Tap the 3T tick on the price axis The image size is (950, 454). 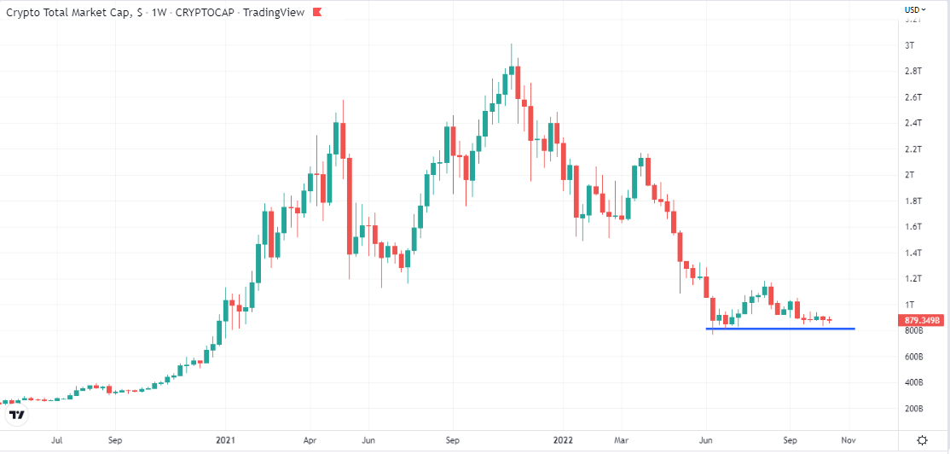click(x=910, y=44)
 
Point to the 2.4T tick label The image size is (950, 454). click(x=912, y=123)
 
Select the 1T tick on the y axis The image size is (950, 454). click(x=910, y=305)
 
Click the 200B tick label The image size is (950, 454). click(x=914, y=409)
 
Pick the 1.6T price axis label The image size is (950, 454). click(x=912, y=227)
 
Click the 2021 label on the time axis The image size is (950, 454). click(x=226, y=441)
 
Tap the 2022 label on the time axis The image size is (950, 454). click(x=563, y=441)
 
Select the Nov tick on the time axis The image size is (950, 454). click(x=848, y=441)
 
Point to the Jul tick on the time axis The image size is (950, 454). click(x=56, y=441)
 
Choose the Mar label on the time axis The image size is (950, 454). click(x=622, y=441)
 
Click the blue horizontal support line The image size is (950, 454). click(x=780, y=329)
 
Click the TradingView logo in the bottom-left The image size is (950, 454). click(x=17, y=416)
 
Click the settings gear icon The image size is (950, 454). click(x=923, y=440)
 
